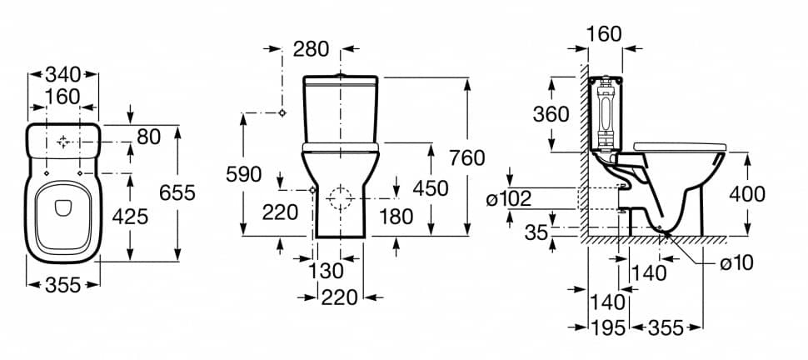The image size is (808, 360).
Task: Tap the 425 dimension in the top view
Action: [x=131, y=217]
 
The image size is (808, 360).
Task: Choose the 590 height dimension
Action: [x=243, y=174]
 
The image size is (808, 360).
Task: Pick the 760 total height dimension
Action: [x=466, y=158]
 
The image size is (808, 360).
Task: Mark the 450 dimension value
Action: [x=430, y=188]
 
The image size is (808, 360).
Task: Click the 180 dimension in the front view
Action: [x=396, y=216]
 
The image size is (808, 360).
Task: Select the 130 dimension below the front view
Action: [x=327, y=271]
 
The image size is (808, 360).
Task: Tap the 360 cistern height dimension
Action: [x=552, y=114]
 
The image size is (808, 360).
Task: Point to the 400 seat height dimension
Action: [x=746, y=193]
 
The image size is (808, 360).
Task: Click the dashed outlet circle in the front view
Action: [x=341, y=198]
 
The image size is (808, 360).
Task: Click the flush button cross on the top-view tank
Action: [x=62, y=142]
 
